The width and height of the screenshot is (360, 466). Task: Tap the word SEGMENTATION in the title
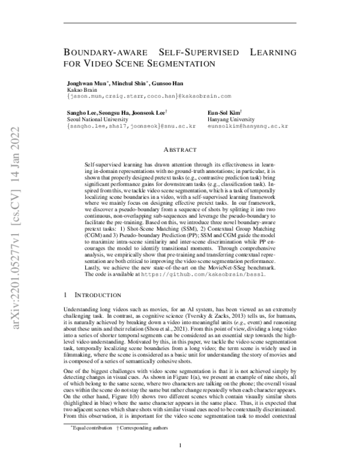181,62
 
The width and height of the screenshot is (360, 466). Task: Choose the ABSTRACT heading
180,149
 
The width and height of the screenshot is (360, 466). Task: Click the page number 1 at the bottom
180,446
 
